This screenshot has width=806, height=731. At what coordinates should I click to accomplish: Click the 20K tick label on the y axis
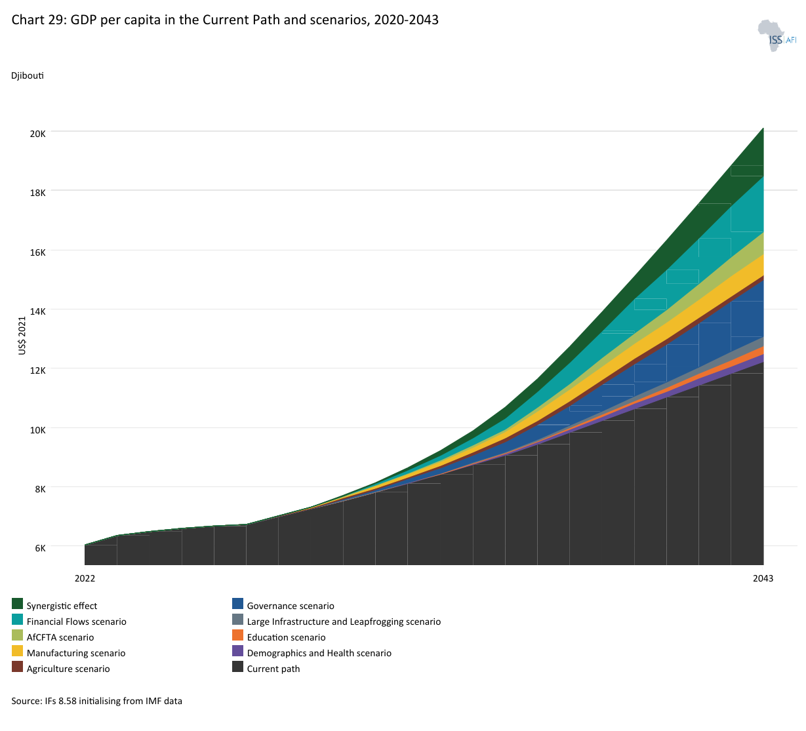tap(38, 134)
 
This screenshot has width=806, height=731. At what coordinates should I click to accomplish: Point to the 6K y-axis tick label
tap(40, 548)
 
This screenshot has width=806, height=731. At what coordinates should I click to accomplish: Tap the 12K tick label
tap(38, 370)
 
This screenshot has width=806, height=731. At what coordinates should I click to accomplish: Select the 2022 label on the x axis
tap(85, 578)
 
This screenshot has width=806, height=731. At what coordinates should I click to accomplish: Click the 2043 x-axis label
tap(763, 578)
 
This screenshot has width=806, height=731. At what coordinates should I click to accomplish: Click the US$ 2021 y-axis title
tap(22, 336)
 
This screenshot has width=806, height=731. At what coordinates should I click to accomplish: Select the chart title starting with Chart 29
tap(225, 20)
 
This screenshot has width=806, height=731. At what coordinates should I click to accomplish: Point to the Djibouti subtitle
tap(28, 75)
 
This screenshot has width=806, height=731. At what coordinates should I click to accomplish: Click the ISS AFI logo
tap(776, 35)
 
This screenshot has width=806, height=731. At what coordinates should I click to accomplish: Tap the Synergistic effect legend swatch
tap(17, 604)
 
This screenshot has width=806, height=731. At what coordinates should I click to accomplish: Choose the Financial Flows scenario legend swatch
tap(17, 620)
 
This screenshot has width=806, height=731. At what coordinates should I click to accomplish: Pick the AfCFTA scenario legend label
tap(60, 637)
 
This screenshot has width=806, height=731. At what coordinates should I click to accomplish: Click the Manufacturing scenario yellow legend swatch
tap(17, 650)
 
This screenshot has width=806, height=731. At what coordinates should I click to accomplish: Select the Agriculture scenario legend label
tap(68, 669)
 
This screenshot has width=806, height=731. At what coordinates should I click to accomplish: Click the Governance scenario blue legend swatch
tap(237, 604)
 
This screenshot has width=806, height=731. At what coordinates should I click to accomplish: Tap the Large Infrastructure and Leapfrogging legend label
tap(344, 622)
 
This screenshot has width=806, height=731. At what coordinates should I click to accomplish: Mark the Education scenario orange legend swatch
tap(237, 635)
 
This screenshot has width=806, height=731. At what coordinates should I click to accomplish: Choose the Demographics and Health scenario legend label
tap(319, 653)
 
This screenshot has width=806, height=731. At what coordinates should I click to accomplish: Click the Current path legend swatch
tap(237, 666)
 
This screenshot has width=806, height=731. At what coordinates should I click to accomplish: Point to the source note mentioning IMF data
tap(97, 701)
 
